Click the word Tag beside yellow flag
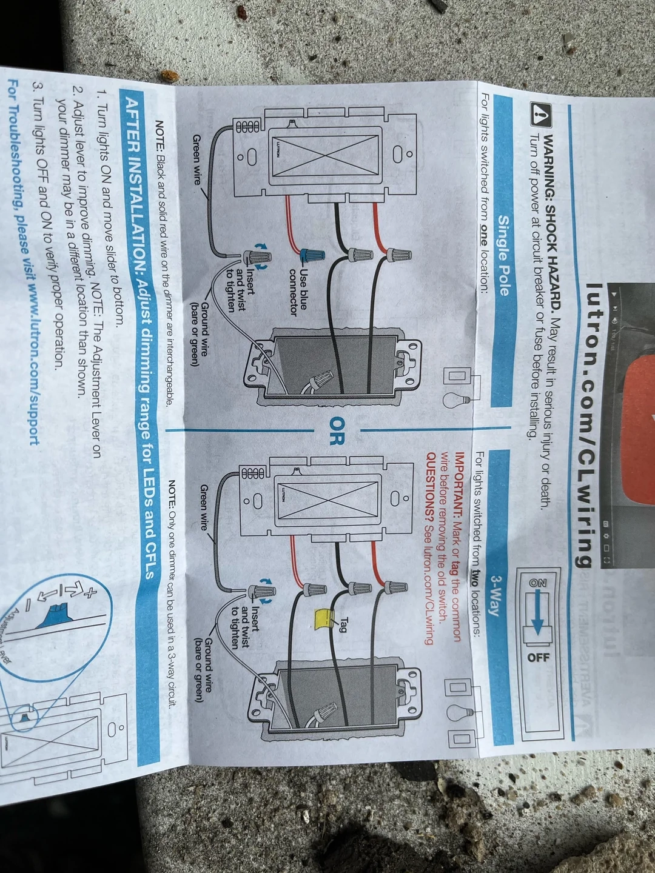[x=344, y=624]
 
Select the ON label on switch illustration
[x=537, y=583]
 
